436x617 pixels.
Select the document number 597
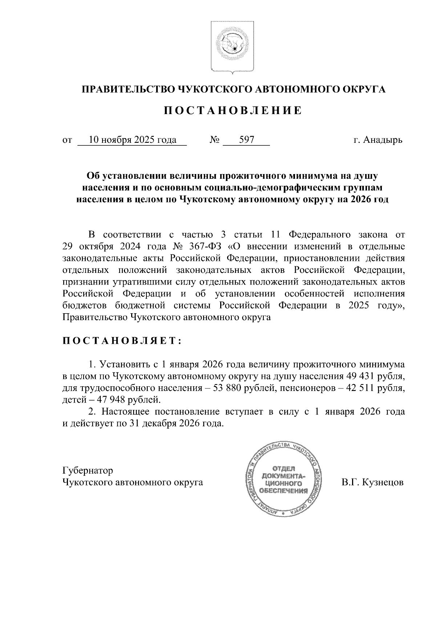[246, 140]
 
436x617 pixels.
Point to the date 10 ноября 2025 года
[133, 140]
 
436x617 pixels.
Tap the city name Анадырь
[384, 140]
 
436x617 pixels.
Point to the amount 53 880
[231, 388]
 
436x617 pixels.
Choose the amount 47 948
[102, 400]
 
